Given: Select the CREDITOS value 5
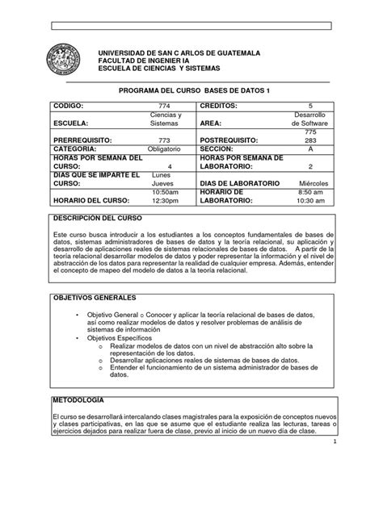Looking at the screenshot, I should point(309,106).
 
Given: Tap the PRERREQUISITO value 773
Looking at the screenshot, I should point(165,139).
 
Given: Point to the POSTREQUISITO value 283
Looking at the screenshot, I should point(310,139).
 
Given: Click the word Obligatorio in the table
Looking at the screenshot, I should point(165,149).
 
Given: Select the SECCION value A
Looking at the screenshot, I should point(310,149).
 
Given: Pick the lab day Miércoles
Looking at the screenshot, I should point(310,184).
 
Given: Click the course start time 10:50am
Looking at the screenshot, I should point(165,193).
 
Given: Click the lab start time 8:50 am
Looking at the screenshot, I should point(310,193).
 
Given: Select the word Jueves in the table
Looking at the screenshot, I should point(165,184).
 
